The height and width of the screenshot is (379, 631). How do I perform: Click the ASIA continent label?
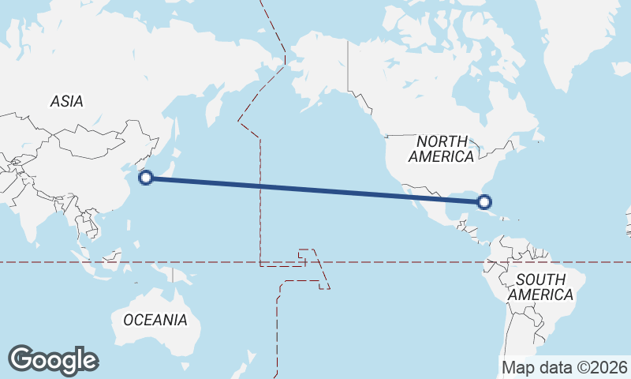click(66, 101)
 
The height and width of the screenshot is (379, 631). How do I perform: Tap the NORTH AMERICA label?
click(441, 148)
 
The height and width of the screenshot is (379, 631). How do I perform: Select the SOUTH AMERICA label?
click(540, 287)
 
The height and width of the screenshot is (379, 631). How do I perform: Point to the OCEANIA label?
click(155, 320)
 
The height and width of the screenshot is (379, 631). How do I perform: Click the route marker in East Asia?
click(146, 178)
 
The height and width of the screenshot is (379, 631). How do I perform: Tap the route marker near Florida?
click(485, 202)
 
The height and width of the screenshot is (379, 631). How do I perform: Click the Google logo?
click(53, 359)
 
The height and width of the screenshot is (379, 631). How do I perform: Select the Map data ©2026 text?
click(565, 367)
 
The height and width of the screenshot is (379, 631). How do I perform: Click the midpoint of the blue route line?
click(315, 189)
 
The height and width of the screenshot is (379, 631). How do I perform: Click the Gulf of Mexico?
click(457, 204)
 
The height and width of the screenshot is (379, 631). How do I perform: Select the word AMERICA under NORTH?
click(441, 156)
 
